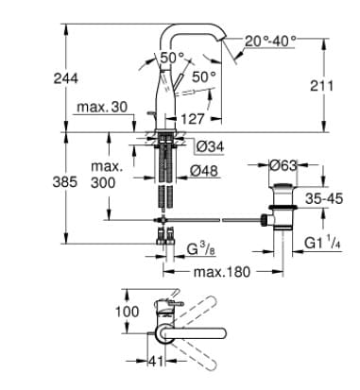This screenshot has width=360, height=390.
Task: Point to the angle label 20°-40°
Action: pos(270,42)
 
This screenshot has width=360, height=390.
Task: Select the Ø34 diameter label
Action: pos(211,146)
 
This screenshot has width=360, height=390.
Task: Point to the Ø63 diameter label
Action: pos(284,164)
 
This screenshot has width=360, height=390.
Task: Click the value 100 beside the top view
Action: pos(128,310)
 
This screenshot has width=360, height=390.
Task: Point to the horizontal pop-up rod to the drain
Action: pos(217,223)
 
